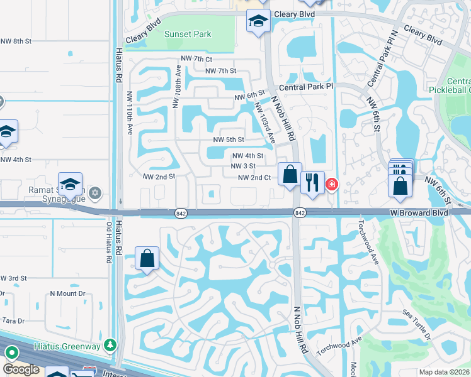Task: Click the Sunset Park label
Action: click(188, 34)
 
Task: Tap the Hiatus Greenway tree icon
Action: click(111, 346)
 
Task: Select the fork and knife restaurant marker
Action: click(312, 183)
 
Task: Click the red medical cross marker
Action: click(331, 185)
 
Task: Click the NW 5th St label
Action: click(228, 139)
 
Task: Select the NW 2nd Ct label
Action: click(254, 178)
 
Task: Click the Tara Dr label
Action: click(13, 320)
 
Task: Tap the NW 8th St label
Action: click(16, 41)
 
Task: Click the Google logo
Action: click(21, 369)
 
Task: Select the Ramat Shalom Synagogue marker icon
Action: click(95, 192)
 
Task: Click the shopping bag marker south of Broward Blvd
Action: click(147, 258)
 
